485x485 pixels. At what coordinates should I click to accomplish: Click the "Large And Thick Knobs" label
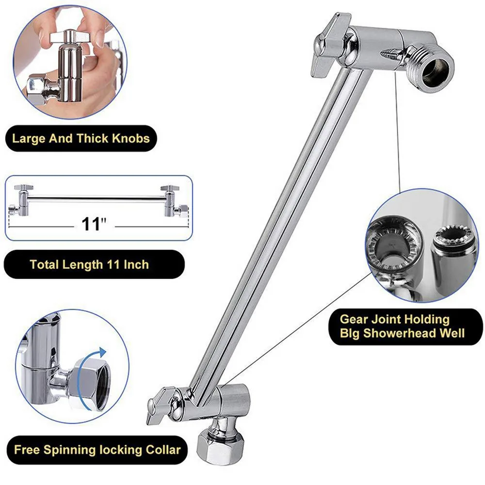pyautogui.click(x=81, y=139)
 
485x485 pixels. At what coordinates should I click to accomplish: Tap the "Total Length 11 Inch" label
pyautogui.click(x=89, y=264)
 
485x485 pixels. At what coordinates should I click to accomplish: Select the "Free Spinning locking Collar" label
pyautogui.click(x=97, y=449)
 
